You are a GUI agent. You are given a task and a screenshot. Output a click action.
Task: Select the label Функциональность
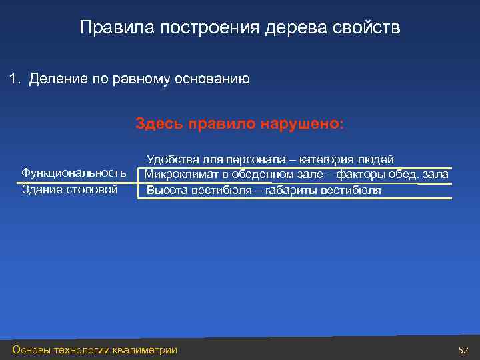(74, 173)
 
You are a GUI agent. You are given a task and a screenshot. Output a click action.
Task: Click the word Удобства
(172, 159)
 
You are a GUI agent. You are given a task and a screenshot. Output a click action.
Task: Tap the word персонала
(257, 159)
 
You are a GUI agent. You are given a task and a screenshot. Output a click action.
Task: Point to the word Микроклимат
(181, 175)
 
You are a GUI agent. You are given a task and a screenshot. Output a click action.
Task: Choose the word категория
(327, 159)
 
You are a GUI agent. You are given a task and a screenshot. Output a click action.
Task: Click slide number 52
(463, 350)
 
